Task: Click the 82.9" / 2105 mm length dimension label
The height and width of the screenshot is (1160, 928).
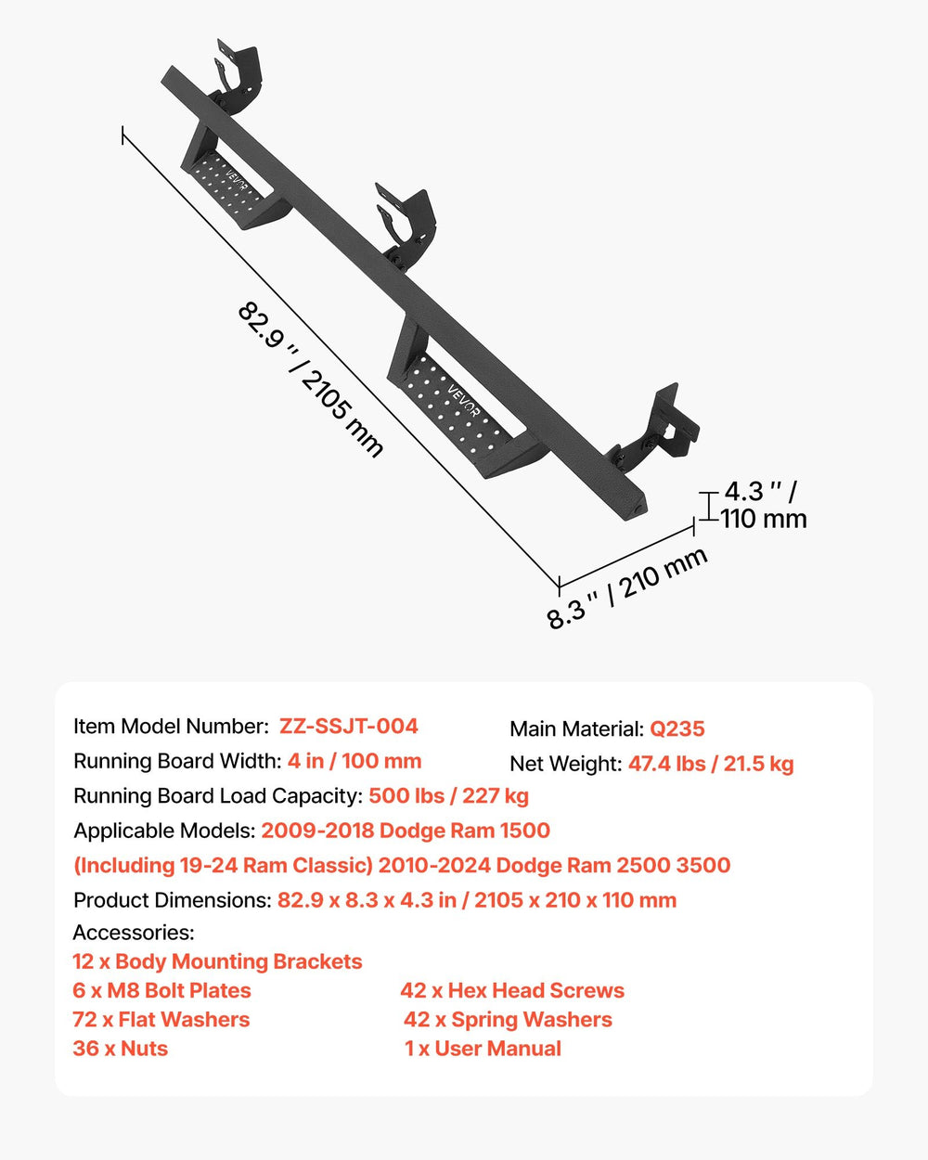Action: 310,380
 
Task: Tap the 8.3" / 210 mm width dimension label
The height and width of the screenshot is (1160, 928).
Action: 627,588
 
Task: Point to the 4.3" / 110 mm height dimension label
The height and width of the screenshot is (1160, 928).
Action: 764,505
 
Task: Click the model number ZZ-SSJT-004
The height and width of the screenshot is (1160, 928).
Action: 348,726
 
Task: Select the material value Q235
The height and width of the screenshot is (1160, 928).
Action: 677,728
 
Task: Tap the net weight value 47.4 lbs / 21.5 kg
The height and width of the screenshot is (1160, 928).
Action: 711,764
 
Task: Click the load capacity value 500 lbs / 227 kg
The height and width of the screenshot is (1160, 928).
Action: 448,795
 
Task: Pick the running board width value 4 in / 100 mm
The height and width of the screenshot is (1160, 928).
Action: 354,761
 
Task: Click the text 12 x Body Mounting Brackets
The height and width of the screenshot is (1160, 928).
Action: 217,961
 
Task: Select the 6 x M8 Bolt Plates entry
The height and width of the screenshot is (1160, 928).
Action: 161,991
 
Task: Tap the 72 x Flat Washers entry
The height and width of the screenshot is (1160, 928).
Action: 161,1020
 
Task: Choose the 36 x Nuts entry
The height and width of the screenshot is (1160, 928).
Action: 121,1049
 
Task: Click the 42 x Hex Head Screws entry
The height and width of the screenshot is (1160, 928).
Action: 512,991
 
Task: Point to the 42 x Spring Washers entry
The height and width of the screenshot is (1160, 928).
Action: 508,1020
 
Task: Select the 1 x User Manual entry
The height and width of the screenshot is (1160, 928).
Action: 483,1049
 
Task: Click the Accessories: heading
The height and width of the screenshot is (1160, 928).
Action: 134,933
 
